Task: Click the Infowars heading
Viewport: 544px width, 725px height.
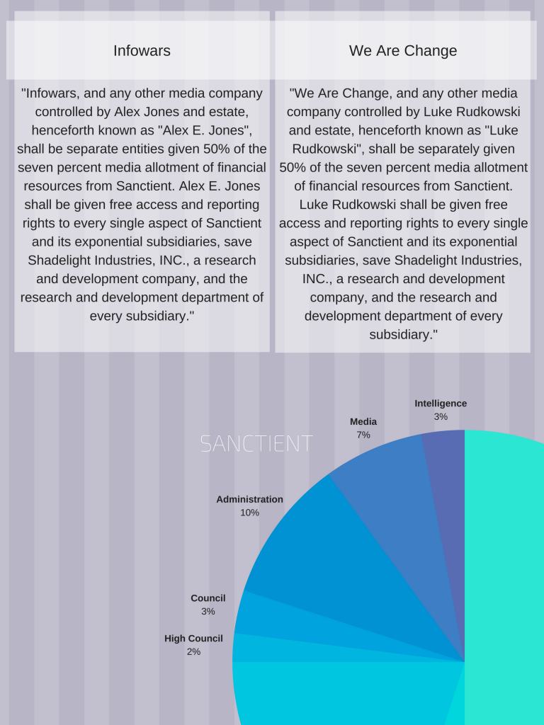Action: tap(142, 51)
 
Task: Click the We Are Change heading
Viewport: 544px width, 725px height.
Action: tap(402, 51)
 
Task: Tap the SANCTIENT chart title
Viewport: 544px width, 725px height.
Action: tap(256, 444)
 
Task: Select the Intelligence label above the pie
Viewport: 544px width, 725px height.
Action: tap(441, 404)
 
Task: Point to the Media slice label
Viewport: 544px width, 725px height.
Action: tap(363, 422)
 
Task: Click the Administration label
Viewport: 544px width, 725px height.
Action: tap(249, 499)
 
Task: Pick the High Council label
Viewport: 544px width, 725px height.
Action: tap(193, 639)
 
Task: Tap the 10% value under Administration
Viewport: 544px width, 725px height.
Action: tap(249, 513)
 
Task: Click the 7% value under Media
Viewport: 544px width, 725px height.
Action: tap(363, 435)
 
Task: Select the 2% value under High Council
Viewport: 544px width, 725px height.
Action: tap(193, 651)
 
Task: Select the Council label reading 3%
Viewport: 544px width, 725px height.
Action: tap(208, 598)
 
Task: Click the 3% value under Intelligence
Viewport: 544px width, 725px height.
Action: tap(441, 417)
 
